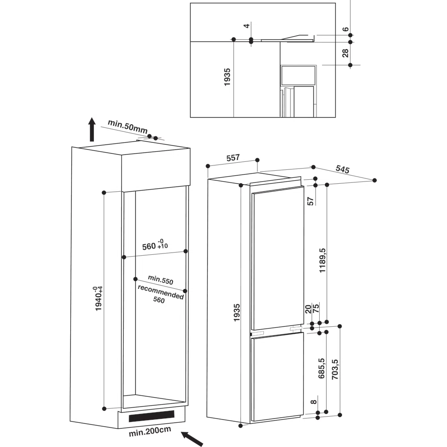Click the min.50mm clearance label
(x=127, y=127)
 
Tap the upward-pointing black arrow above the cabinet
(x=92, y=129)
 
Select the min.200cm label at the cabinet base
(x=150, y=431)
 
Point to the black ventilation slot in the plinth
(x=152, y=416)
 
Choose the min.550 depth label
(x=160, y=280)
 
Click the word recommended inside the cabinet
(x=161, y=292)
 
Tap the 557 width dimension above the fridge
(x=233, y=157)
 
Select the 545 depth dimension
(x=342, y=169)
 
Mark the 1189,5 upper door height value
(x=322, y=260)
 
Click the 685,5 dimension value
(x=321, y=368)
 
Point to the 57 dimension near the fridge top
(x=311, y=201)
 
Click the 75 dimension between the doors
(x=316, y=309)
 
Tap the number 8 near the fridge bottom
(x=314, y=402)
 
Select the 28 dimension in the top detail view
(x=345, y=53)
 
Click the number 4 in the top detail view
(x=247, y=25)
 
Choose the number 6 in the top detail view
(x=345, y=30)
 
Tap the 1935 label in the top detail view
(x=227, y=77)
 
